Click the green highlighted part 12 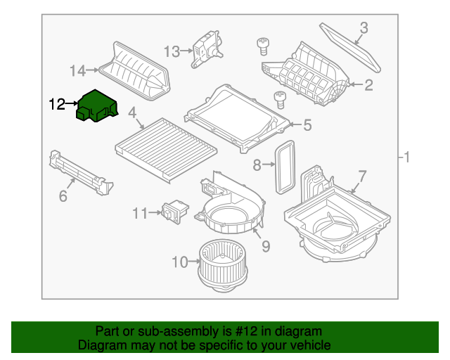point(97,105)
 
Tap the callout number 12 point(57,104)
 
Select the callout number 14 point(78,70)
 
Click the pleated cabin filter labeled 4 point(166,150)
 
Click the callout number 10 point(180,262)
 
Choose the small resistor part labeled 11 point(175,212)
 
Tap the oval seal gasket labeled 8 point(285,167)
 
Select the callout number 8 point(257,165)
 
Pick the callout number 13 point(172,52)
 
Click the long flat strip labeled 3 point(350,47)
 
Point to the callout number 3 point(364,28)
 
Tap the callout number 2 point(368,85)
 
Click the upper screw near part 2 point(263,46)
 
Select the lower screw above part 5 point(280,100)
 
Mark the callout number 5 point(307,125)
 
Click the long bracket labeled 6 point(82,173)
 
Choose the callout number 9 point(266,246)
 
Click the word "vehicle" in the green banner point(311,345)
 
